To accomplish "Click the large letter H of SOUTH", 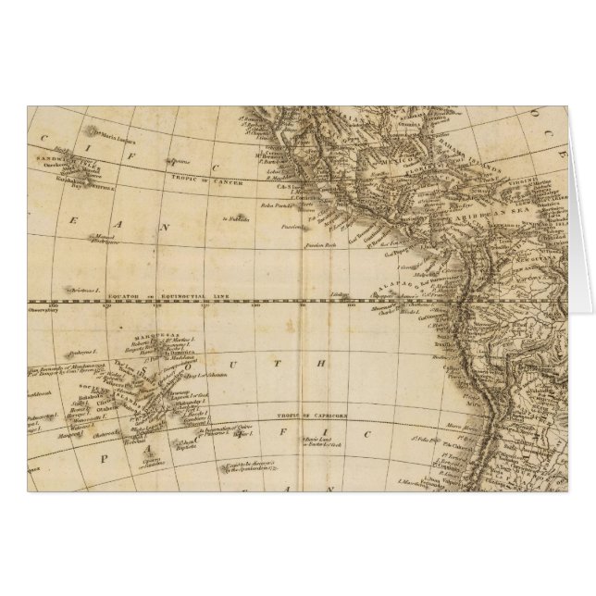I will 326,362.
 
